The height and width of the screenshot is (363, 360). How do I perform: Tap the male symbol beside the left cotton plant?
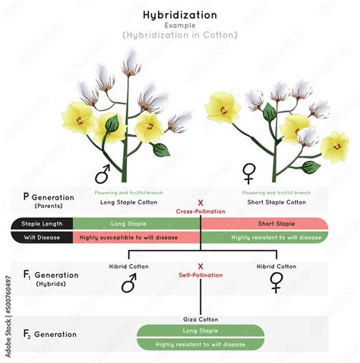click(102, 172)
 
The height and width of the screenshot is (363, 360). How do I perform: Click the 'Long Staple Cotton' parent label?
click(128, 202)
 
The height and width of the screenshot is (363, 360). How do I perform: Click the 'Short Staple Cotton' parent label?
click(274, 202)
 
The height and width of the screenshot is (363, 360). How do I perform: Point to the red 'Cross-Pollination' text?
click(201, 212)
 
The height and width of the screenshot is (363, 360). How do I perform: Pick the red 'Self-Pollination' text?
click(201, 275)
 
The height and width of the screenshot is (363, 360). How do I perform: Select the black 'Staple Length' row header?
click(43, 223)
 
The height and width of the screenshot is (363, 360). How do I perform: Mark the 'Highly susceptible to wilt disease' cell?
click(128, 237)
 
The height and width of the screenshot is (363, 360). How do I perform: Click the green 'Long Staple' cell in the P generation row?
click(128, 223)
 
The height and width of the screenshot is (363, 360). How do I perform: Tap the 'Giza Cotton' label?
click(201, 320)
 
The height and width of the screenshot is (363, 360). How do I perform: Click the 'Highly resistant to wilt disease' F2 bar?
click(201, 344)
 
